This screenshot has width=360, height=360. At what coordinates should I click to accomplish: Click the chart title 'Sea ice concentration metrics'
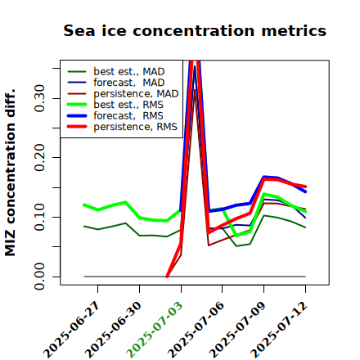coord(195,31)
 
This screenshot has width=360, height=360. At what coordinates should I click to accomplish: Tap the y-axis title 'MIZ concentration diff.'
coord(11,173)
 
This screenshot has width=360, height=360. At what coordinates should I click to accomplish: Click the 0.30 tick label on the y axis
coord(39,98)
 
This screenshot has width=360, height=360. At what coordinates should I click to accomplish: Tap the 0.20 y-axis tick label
coord(39,158)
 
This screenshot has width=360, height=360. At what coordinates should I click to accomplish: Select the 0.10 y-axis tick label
coord(39,217)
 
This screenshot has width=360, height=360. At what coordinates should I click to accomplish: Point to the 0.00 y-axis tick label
coord(39,277)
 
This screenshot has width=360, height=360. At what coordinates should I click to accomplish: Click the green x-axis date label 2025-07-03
coord(155,330)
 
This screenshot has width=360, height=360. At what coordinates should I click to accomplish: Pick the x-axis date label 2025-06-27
coord(71,330)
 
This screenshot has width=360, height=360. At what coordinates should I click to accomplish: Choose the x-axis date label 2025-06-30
coord(113,330)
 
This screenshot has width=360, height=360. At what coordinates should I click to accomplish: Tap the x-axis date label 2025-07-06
coord(196,330)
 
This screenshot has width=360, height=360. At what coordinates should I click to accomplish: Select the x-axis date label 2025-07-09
coord(237,330)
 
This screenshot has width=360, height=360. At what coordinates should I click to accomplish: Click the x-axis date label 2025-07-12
coord(279,330)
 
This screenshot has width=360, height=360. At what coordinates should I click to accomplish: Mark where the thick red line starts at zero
coord(167,277)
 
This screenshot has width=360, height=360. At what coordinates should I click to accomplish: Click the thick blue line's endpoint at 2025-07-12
coord(305,191)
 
